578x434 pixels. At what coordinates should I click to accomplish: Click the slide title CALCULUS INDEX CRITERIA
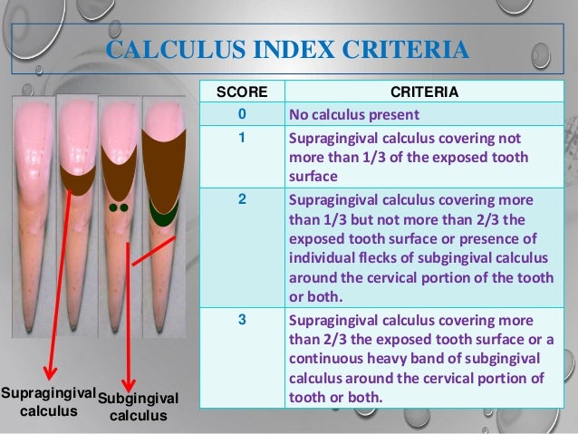click(287, 47)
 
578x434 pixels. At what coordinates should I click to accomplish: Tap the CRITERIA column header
click(423, 92)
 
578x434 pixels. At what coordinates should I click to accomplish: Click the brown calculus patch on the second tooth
click(78, 179)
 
